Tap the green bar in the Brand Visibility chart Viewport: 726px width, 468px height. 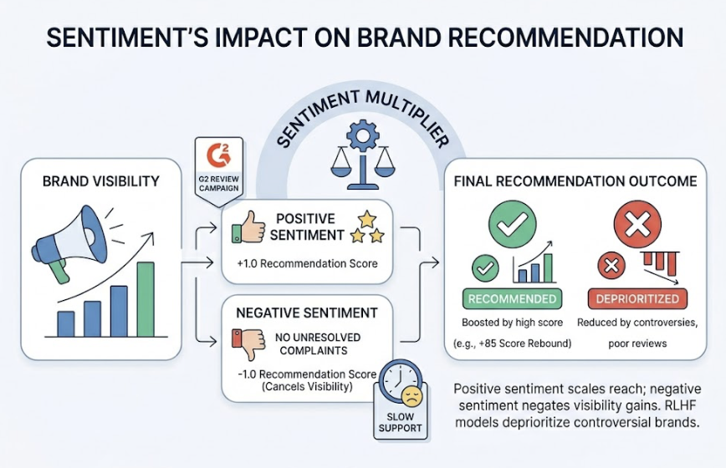coord(146,298)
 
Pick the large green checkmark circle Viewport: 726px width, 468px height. coord(512,223)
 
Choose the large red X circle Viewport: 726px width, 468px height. coord(637,223)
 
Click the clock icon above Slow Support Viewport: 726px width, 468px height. coord(401,384)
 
